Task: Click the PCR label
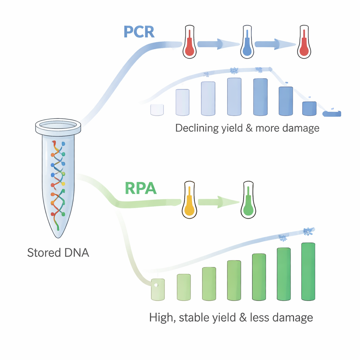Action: (139, 32)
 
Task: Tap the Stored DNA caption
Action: (58, 252)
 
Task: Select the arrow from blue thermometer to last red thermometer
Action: (275, 44)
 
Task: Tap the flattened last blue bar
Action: (332, 114)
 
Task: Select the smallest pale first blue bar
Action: (157, 110)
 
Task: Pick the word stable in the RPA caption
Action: (194, 318)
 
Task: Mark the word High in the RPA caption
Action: (162, 318)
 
